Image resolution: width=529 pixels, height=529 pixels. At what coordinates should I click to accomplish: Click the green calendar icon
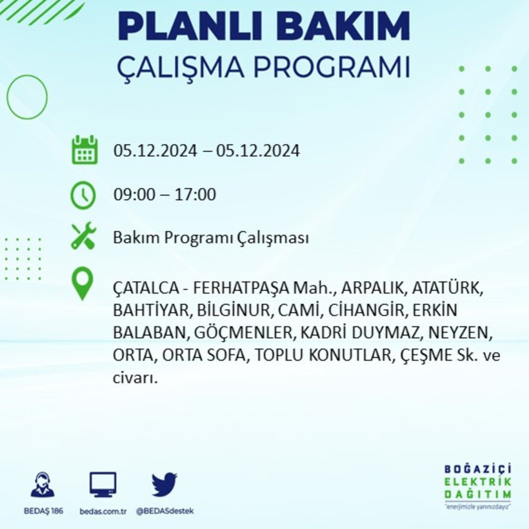(84, 150)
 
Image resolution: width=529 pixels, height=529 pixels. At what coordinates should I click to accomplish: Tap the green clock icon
(83, 195)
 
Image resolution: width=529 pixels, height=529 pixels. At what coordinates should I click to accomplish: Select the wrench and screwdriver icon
(83, 236)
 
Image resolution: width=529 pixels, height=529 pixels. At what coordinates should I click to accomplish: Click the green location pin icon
(83, 284)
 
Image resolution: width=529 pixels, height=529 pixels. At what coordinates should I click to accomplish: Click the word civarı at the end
(135, 379)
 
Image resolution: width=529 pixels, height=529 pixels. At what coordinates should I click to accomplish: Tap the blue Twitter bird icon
(165, 484)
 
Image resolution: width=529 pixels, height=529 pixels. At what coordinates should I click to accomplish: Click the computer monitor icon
(103, 484)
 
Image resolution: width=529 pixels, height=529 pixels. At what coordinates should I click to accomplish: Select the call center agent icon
(43, 484)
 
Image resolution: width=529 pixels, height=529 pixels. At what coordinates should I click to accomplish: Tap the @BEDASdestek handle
(165, 511)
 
